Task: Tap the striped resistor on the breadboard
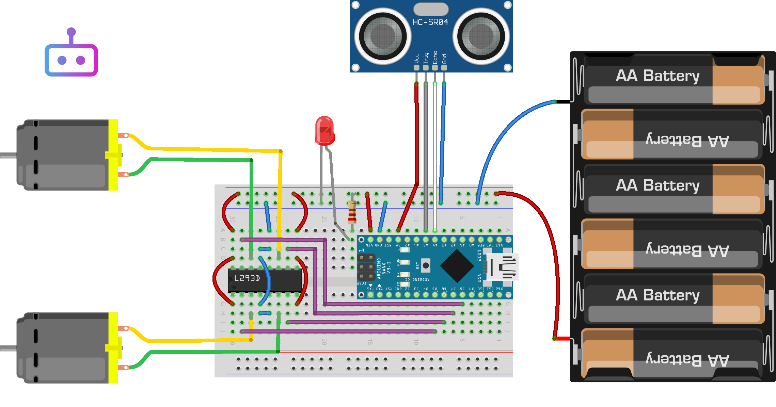pos(352,212)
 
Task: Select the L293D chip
pos(265,280)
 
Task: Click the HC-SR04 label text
pos(430,22)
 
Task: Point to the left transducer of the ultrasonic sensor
pos(383,36)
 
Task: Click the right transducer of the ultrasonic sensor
pos(481,36)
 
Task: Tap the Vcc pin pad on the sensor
pos(416,67)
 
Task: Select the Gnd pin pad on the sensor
pos(444,67)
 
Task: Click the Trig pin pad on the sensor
pos(426,67)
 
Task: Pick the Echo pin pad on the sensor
pos(435,67)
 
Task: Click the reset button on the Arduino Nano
pos(426,265)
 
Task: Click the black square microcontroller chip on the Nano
pos(457,266)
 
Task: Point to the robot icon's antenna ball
pos(71,32)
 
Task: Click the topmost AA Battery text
pos(658,76)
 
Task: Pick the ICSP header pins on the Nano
pos(366,267)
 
